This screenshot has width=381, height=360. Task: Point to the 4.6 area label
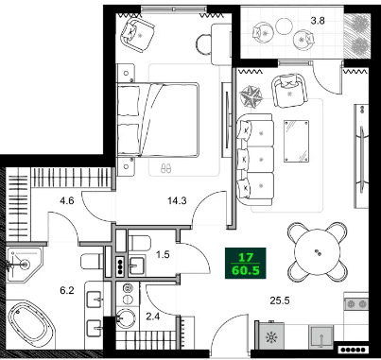[66, 200]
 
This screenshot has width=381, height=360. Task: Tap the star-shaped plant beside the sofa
[252, 95]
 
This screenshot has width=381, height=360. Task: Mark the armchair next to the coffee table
[289, 90]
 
